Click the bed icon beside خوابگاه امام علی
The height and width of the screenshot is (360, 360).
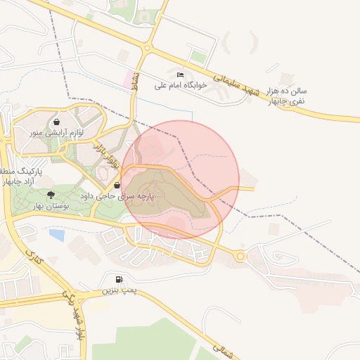(181, 75)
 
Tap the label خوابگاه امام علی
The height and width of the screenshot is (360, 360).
(179, 85)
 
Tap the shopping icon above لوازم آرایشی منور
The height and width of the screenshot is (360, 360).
(56, 122)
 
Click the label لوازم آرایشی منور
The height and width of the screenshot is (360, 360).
(56, 132)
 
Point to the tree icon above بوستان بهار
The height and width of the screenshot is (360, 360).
(50, 195)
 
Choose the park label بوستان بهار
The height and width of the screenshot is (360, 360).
(50, 205)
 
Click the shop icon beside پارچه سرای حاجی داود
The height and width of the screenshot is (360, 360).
(116, 185)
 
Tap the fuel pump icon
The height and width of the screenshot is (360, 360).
(116, 279)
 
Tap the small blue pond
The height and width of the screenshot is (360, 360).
(58, 233)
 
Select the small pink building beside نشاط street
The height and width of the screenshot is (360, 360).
(129, 77)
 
